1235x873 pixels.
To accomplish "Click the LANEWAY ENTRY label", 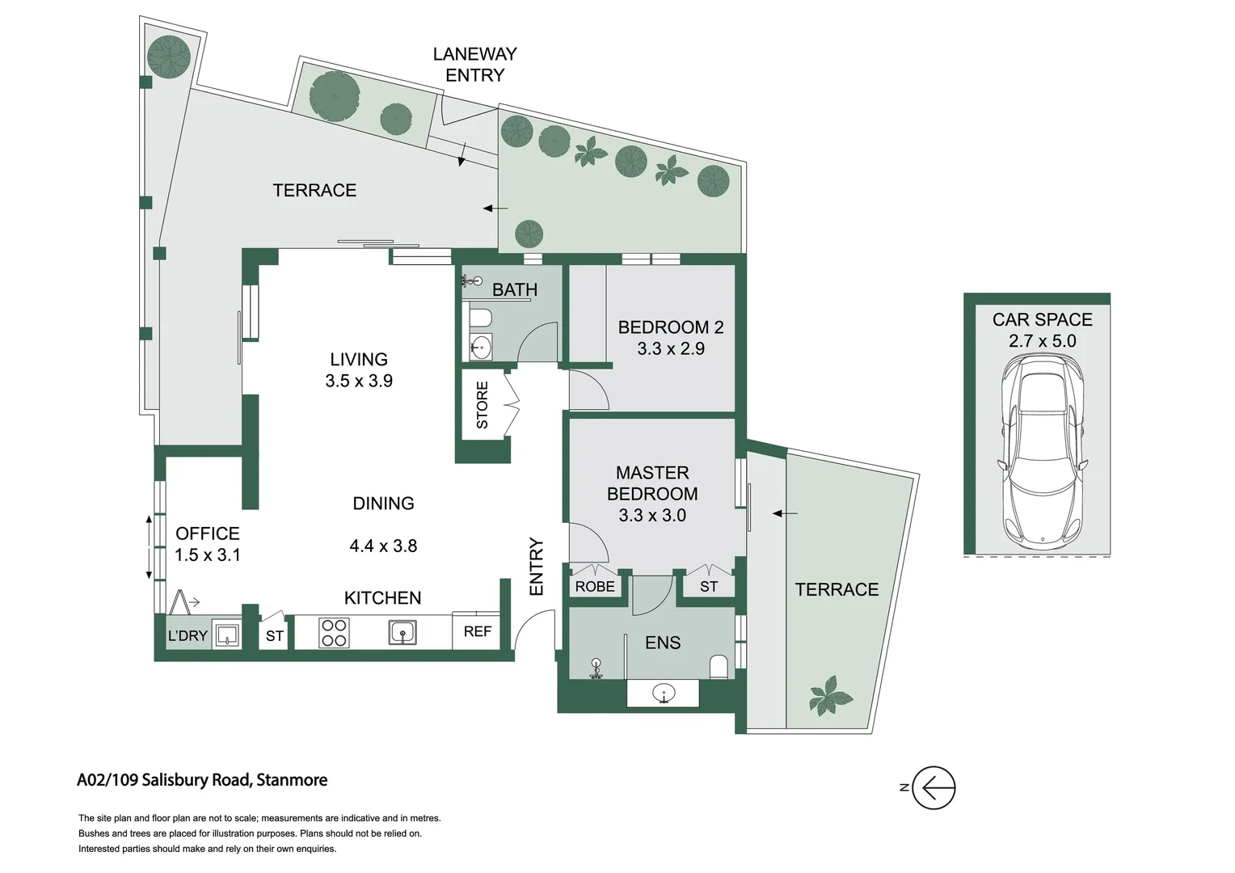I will pos(474,65).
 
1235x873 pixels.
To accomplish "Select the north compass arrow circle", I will pos(934,787).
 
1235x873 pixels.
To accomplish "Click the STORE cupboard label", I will pos(482,405).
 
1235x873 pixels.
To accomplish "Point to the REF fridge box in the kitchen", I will pos(477,631).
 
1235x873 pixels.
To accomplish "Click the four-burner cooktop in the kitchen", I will pos(334,633).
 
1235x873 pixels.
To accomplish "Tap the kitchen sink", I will pos(403,632).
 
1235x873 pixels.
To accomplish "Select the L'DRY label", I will pos(188,636).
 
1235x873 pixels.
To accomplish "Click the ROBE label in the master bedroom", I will pos(595,587).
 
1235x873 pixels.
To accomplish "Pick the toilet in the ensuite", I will pos(718,667).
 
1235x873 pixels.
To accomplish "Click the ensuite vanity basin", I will pos(664,693).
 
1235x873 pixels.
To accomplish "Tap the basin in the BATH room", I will pos(481,348).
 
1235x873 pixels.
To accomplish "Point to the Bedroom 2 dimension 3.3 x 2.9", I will pos(671,348).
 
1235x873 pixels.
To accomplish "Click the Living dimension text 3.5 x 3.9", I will pos(359,381).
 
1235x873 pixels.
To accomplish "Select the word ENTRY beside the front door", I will pos(537,567).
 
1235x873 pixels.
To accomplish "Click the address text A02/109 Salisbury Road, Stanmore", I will pos(202,780).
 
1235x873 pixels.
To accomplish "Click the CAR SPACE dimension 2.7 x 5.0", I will pos(1042,341).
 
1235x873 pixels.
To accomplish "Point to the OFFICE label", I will pos(208,533).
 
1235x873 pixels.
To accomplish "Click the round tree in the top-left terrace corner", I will pos(169,57).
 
